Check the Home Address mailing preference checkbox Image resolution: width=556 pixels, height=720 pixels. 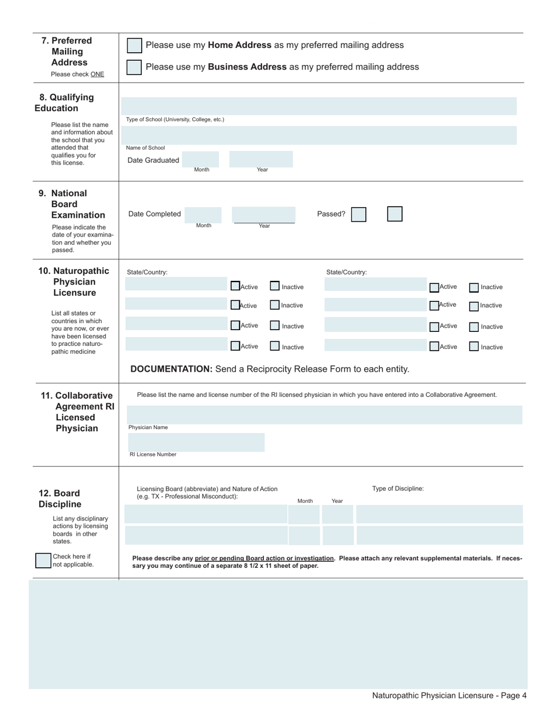pyautogui.click(x=134, y=46)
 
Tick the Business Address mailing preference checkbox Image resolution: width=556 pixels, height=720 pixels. pyautogui.click(x=134, y=67)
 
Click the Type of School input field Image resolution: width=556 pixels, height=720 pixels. pyautogui.click(x=319, y=106)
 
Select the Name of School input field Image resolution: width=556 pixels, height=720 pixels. pyautogui.click(x=319, y=135)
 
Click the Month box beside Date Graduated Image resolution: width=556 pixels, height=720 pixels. pyautogui.click(x=201, y=159)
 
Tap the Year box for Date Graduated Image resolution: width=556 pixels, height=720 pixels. pyautogui.click(x=261, y=159)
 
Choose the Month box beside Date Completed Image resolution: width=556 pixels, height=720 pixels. pyautogui.click(x=204, y=215)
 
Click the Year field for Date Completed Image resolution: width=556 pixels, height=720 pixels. pyautogui.click(x=264, y=214)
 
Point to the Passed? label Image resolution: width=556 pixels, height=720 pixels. pyautogui.click(x=331, y=214)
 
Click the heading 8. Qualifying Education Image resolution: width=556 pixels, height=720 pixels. pyautogui.click(x=64, y=102)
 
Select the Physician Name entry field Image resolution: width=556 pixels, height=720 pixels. pyautogui.click(x=324, y=415)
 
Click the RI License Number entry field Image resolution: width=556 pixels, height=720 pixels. pyautogui.click(x=195, y=443)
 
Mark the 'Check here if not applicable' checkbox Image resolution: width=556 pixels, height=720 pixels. pyautogui.click(x=43, y=561)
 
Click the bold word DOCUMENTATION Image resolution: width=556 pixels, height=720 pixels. pyautogui.click(x=171, y=369)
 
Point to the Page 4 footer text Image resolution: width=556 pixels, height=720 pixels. pyautogui.click(x=449, y=695)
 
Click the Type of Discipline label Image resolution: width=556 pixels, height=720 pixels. pyautogui.click(x=398, y=489)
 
